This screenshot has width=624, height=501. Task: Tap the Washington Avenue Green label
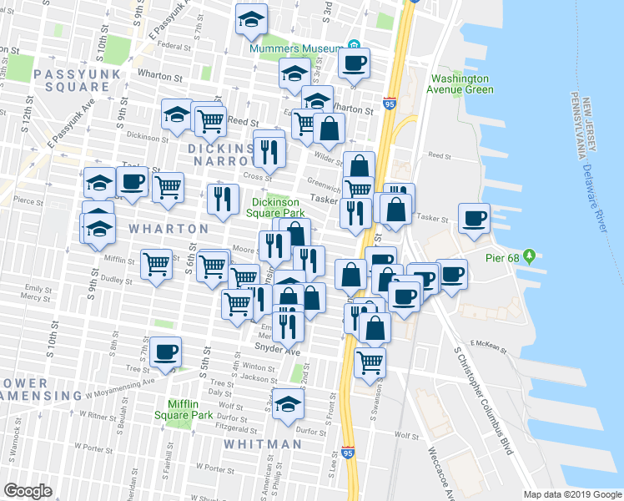pyautogui.click(x=460, y=83)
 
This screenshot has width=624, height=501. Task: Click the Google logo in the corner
pyautogui.click(x=28, y=491)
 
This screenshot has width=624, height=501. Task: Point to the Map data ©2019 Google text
pyautogui.click(x=572, y=494)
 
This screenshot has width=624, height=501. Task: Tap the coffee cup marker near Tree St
pyautogui.click(x=166, y=352)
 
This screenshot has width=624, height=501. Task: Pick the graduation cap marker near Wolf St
pyautogui.click(x=289, y=402)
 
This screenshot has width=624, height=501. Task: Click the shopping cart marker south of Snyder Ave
pyautogui.click(x=370, y=362)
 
